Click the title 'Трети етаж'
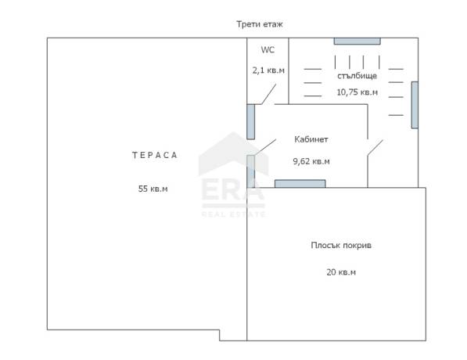click(260, 24)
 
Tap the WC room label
click(268, 50)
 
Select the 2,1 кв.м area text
click(268, 70)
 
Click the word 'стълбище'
click(357, 76)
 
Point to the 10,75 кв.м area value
click(357, 92)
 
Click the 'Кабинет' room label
click(311, 139)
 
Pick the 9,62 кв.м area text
click(311, 161)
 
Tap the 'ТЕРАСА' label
click(155, 155)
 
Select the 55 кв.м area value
click(153, 189)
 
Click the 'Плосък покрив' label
click(341, 245)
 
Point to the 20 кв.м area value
click(341, 272)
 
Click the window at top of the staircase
click(357, 41)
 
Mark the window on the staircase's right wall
click(415, 105)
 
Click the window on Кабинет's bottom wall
click(300, 184)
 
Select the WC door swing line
click(268, 94)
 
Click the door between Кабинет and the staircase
click(375, 147)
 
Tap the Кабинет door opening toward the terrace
click(265, 147)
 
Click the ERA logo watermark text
click(233, 189)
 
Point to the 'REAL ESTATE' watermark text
click(233, 214)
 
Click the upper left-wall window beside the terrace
click(251, 121)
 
